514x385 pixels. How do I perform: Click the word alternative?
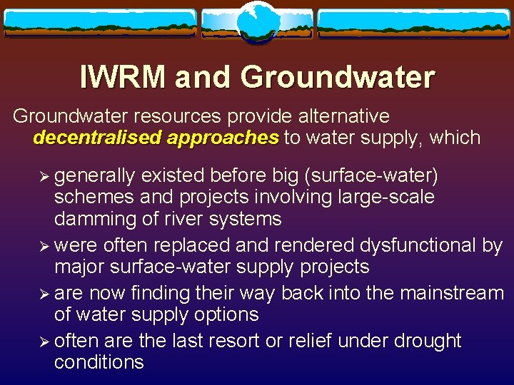341,116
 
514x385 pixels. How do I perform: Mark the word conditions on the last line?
99,362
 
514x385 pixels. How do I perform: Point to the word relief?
308,341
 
